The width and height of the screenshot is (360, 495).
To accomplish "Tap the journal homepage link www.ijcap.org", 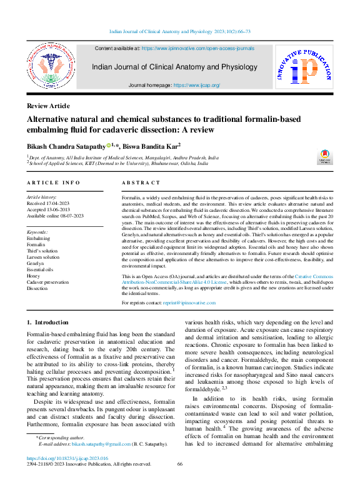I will pos(196,85).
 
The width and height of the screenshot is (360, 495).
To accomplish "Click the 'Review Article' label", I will pos(48,106).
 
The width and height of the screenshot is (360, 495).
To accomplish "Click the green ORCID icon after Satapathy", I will pos(109,146).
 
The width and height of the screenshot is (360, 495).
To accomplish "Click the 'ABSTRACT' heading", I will pos(141,182).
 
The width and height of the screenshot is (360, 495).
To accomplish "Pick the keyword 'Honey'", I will pos(34,276).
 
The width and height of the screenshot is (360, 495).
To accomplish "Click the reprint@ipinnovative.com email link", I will pos(189,302).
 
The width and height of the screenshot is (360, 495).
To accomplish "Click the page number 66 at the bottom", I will pos(180,464).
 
